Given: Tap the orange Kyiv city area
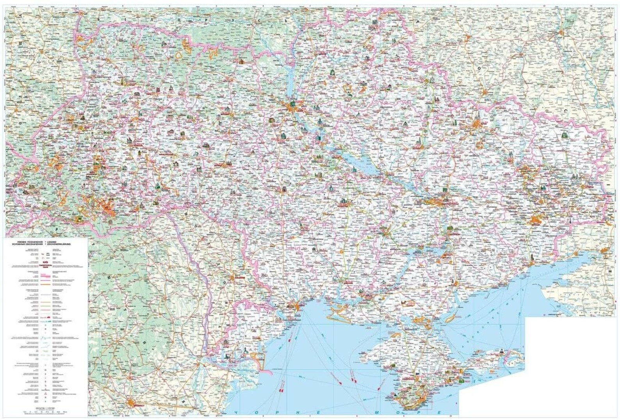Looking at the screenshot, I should pyautogui.click(x=292, y=105).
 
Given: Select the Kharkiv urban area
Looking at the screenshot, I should pyautogui.click(x=477, y=125).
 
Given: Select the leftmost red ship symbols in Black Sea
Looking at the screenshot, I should pyautogui.click(x=280, y=390).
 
